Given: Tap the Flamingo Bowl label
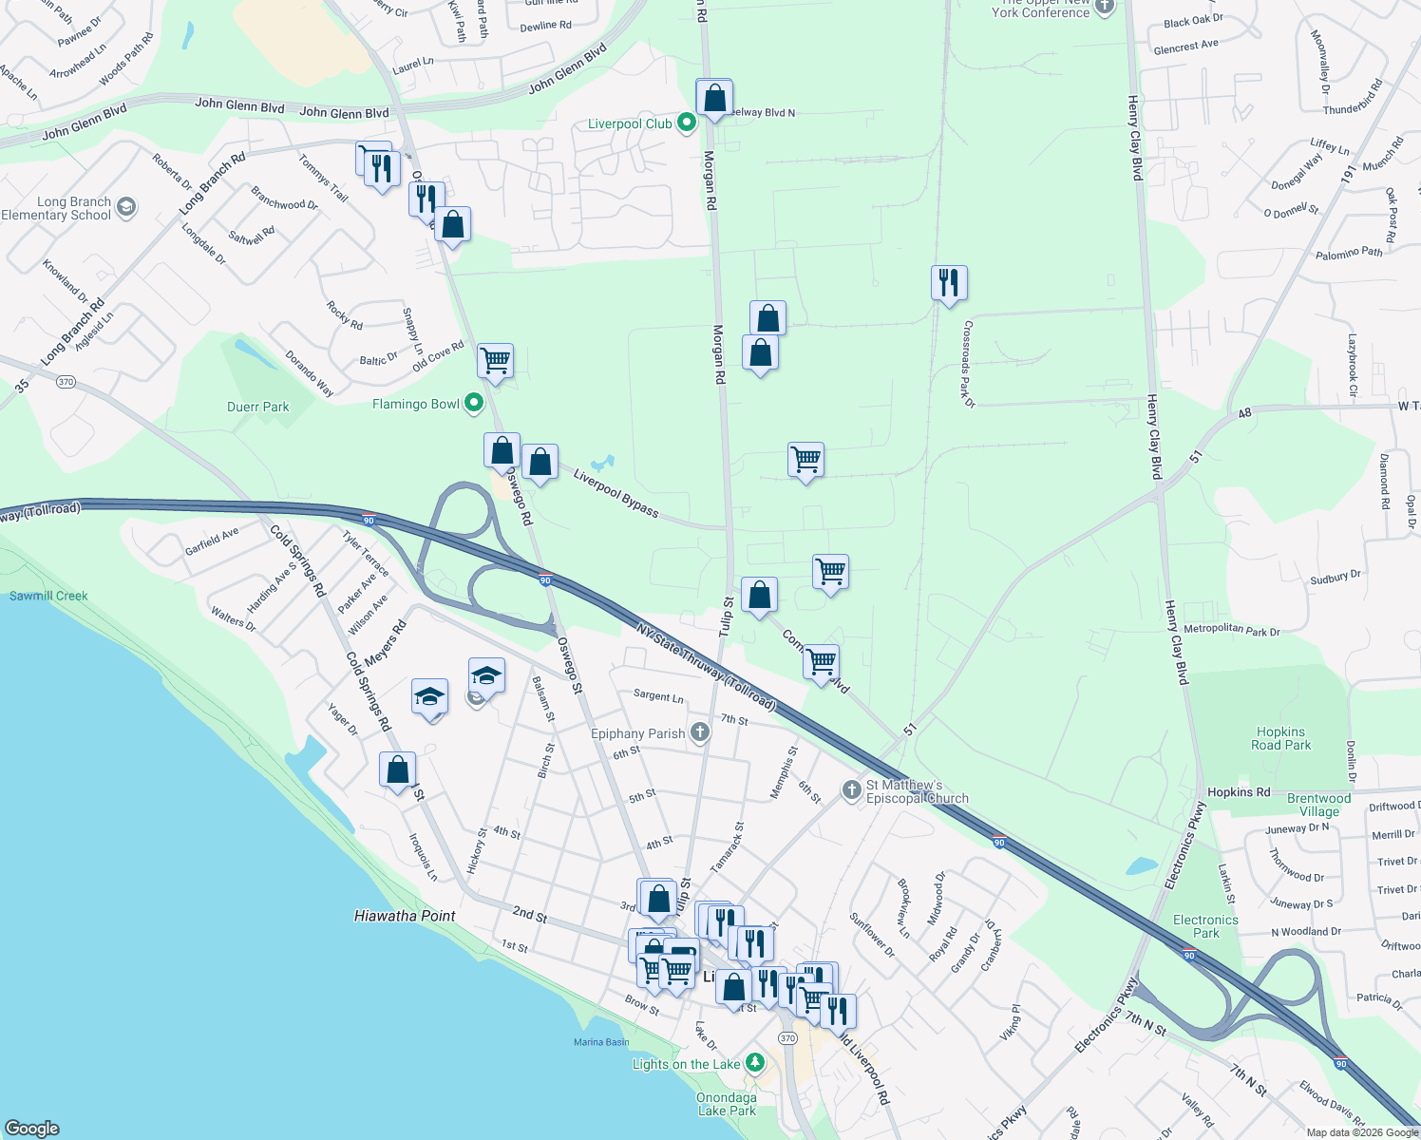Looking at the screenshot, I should (416, 404).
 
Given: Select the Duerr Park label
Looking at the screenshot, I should (258, 407).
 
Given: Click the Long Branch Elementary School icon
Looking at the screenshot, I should (126, 207).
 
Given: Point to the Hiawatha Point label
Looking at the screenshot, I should (405, 916).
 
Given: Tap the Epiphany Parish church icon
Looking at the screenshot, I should (700, 732).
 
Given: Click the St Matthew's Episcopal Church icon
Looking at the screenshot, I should (852, 790).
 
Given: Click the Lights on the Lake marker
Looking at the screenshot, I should (754, 1063).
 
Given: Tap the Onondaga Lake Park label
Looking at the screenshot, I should (727, 1104).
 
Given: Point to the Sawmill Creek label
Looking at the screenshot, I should (48, 596).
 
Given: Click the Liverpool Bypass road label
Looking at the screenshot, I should (616, 492).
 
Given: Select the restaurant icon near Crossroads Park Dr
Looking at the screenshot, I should (949, 283).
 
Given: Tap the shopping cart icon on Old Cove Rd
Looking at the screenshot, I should (495, 361).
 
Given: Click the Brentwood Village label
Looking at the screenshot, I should (1318, 805).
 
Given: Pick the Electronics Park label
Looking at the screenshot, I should (1205, 926).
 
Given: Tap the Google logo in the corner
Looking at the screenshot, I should (32, 1128).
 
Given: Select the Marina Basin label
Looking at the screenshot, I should (600, 1042).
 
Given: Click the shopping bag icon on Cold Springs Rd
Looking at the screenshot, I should (397, 769).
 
